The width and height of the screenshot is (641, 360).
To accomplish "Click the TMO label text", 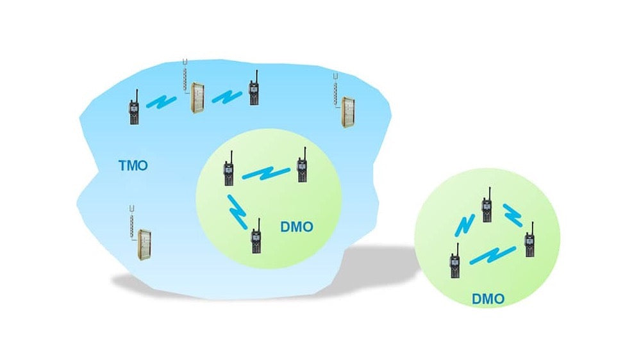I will [x=133, y=166].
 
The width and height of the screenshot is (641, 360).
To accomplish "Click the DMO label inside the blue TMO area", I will [x=297, y=227].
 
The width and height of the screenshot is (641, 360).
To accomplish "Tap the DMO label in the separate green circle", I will [x=488, y=299].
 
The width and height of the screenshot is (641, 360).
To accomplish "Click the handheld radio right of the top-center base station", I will [x=254, y=94].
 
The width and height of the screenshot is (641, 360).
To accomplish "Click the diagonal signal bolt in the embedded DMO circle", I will [x=238, y=211].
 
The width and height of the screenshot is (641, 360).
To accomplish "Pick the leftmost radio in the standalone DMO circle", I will [x=454, y=263].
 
